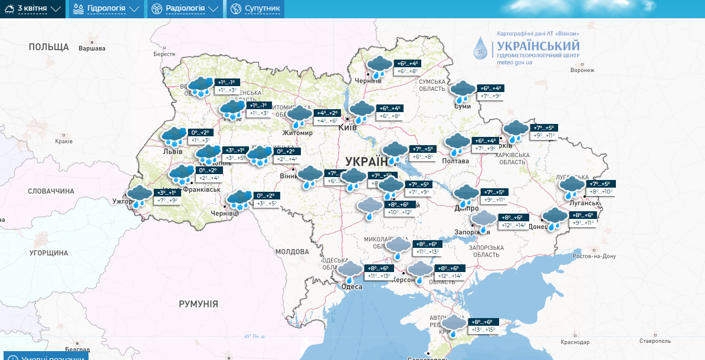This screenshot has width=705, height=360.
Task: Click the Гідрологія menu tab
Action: [x=106, y=9]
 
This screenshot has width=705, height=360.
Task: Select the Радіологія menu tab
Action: [x=185, y=9]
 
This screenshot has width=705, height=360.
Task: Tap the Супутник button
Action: [x=255, y=9]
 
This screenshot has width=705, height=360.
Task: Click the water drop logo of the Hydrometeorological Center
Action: [x=482, y=48]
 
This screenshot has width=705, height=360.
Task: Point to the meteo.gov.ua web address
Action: [x=514, y=63]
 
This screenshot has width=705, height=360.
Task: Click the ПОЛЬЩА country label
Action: [x=48, y=47]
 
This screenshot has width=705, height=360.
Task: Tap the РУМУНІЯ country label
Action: [x=198, y=304]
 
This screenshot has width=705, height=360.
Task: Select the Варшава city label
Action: [x=92, y=48]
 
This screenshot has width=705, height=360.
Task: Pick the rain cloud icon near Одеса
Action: [x=350, y=272]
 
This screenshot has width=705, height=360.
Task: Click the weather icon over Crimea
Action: [x=453, y=325]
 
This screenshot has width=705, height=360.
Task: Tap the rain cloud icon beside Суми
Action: [x=462, y=91]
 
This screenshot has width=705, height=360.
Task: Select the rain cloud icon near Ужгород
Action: [x=139, y=196]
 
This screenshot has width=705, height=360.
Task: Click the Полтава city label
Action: [x=455, y=161]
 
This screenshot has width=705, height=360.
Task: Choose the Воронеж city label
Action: [x=582, y=70]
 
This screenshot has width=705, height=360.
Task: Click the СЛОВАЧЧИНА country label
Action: [x=51, y=191]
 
